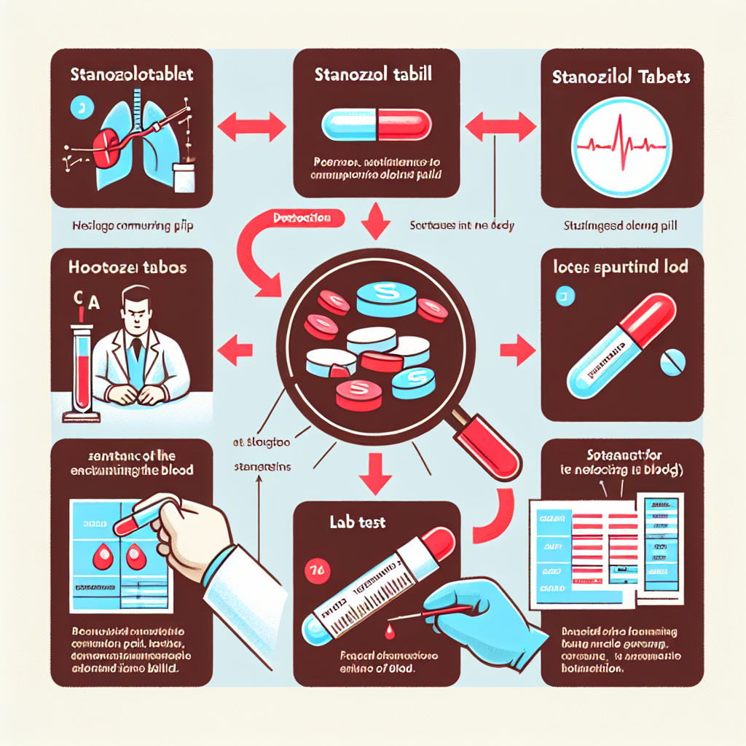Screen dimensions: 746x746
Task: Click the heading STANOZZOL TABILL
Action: (372, 75)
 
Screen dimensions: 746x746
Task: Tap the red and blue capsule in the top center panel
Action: (373, 124)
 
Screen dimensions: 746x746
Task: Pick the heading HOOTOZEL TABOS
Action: (127, 267)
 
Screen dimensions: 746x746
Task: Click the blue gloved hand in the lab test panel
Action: (481, 612)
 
